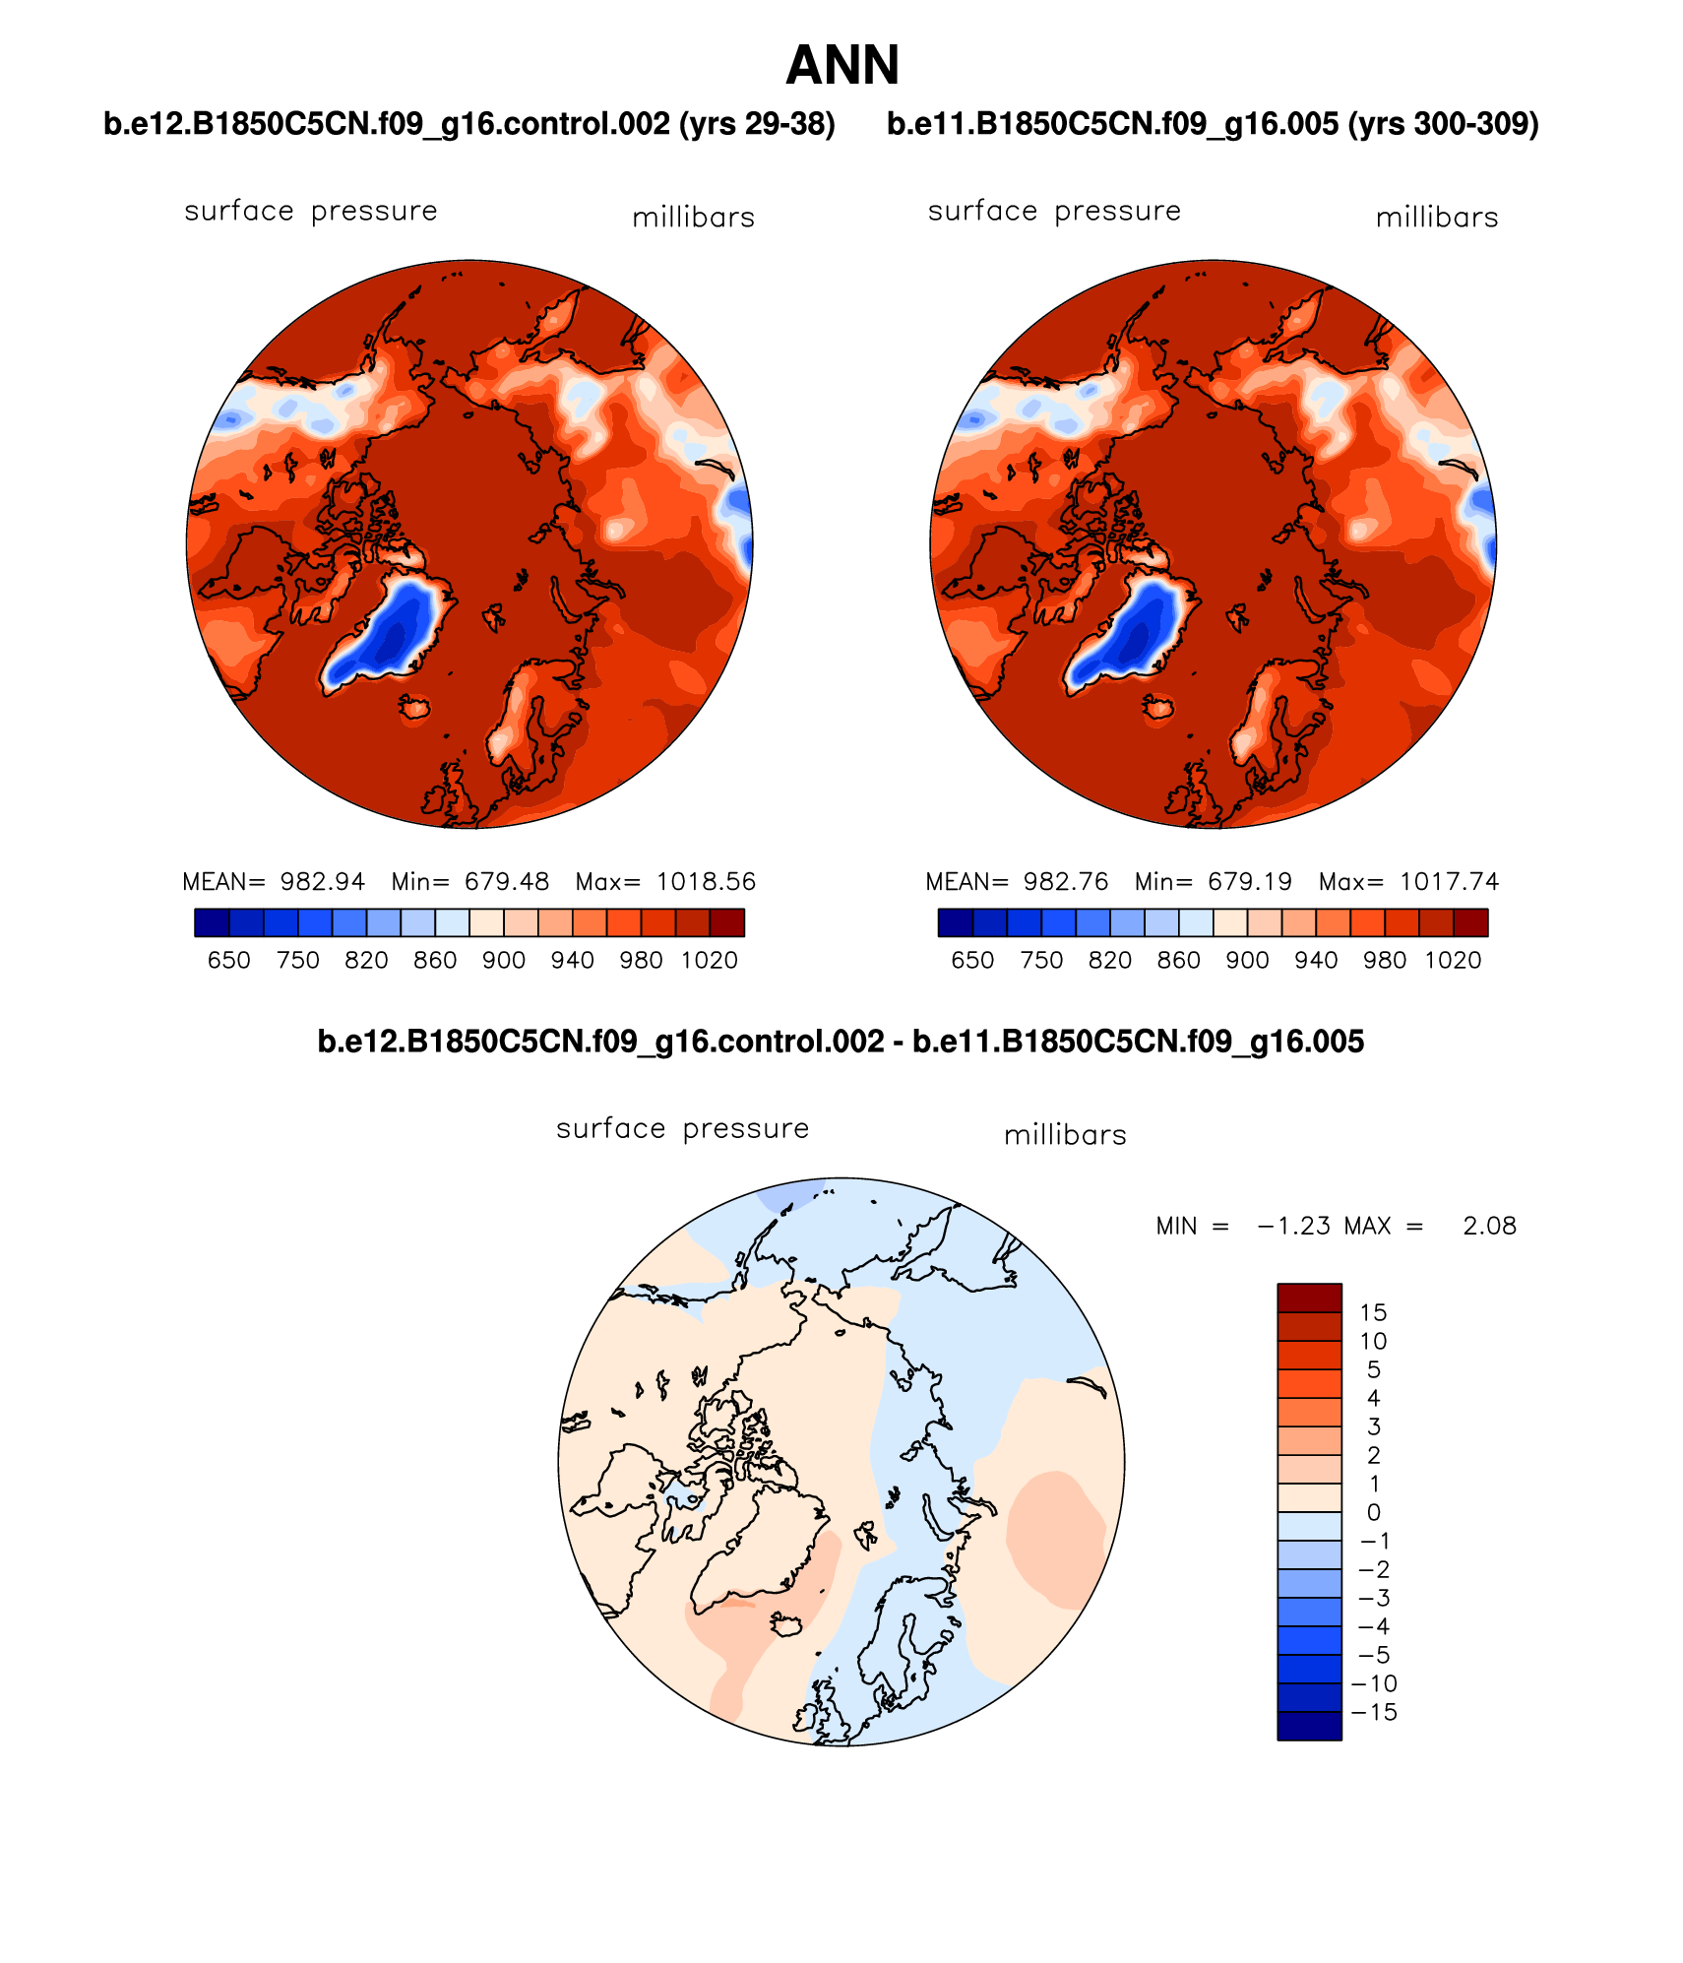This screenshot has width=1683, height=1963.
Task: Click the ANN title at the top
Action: click(842, 66)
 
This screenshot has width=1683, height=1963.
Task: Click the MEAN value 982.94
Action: click(322, 881)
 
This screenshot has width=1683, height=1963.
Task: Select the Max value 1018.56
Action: click(706, 881)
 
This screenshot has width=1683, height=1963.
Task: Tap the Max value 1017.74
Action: click(1449, 881)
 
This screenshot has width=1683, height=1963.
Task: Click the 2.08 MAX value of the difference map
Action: click(1489, 1226)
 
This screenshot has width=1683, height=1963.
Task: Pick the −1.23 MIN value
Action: click(1293, 1226)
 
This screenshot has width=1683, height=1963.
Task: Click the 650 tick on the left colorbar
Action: click(228, 960)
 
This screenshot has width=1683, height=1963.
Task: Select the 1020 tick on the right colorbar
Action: click(1453, 960)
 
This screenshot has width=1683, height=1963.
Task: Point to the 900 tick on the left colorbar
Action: click(503, 960)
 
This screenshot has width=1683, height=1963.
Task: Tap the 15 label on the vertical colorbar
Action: click(1373, 1312)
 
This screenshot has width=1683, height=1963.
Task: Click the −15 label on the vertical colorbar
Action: click(1374, 1712)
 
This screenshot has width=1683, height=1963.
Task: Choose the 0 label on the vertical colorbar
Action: click(1374, 1512)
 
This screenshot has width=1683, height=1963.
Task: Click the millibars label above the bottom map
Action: click(1065, 1135)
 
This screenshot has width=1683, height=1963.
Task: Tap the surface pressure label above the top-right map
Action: click(1054, 211)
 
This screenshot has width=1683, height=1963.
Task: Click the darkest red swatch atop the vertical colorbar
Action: click(1309, 1298)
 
